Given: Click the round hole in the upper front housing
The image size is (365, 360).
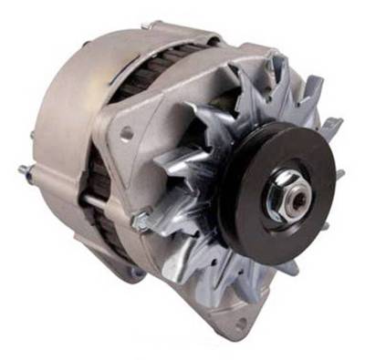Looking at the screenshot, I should pyautogui.click(x=128, y=134).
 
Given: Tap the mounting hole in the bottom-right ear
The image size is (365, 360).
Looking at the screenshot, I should pyautogui.click(x=239, y=324).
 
